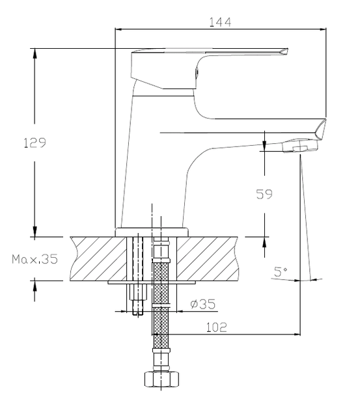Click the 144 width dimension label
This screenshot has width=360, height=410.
220,22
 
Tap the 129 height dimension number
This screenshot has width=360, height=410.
35,143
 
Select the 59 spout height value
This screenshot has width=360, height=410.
264,194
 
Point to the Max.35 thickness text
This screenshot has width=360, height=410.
35,259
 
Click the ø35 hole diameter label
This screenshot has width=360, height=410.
203,304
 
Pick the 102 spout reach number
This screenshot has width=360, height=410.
217,327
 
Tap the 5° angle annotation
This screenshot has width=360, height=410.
280,271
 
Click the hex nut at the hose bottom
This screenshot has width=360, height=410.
161,379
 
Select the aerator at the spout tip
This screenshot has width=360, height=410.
300,146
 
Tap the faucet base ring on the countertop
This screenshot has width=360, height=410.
152,232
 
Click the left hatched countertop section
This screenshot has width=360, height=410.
98,259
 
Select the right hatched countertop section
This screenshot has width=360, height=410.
208,259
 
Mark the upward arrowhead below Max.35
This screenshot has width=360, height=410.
35,286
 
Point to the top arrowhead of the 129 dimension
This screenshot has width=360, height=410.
35,53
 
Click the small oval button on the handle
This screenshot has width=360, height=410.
197,72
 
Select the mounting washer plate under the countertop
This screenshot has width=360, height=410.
152,282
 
